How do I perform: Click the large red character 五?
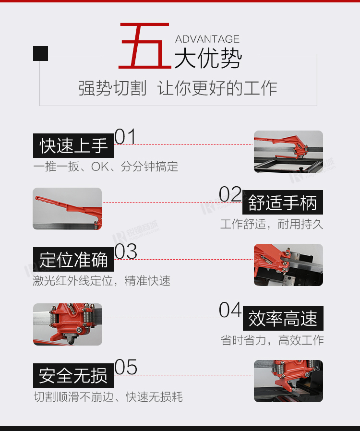(x=145, y=46)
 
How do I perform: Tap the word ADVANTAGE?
(x=207, y=39)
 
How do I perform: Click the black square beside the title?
(x=40, y=53)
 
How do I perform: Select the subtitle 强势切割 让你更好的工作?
(x=178, y=88)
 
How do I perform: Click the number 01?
(x=125, y=136)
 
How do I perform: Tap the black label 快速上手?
(x=73, y=146)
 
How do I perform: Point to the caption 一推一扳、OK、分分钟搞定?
(x=106, y=167)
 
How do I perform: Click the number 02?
(x=230, y=194)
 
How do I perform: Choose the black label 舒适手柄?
(x=283, y=203)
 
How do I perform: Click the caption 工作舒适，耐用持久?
(x=272, y=224)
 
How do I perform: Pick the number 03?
(x=126, y=251)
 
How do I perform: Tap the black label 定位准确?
(x=73, y=260)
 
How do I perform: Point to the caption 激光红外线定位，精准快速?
(x=102, y=281)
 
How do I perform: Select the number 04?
(x=230, y=310)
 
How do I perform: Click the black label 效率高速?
(x=283, y=318)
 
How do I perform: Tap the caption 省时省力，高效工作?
(x=272, y=340)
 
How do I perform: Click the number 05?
(x=126, y=367)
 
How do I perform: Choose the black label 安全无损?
(x=73, y=375)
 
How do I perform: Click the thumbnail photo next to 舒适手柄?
(x=67, y=209)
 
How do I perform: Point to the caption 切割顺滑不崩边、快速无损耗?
(x=108, y=397)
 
